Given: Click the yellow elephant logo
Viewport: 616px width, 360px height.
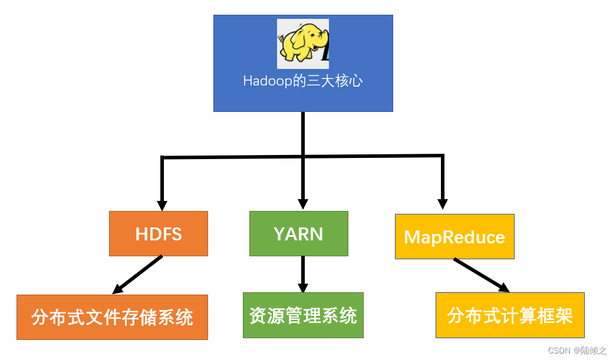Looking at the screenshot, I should point(302,44).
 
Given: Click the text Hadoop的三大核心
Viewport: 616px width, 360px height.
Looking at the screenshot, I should point(302,81).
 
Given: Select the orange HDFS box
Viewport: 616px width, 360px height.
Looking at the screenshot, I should point(159,234).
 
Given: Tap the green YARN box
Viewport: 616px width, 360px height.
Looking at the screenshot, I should point(298,234).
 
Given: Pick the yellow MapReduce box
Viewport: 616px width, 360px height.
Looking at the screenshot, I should point(454,237).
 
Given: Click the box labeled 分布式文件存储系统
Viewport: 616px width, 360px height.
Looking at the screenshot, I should point(112,318).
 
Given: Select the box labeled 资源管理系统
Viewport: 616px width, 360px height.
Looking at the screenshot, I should point(303,315).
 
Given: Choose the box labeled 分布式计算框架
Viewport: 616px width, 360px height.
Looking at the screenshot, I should point(510,315).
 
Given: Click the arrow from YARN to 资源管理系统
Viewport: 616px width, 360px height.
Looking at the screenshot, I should point(302,273).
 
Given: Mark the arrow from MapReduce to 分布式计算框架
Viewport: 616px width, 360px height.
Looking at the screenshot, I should point(480,275).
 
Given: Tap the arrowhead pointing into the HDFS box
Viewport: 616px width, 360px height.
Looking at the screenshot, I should point(162,205).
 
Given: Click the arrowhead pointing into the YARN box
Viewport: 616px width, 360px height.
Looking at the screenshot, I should point(302,204).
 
